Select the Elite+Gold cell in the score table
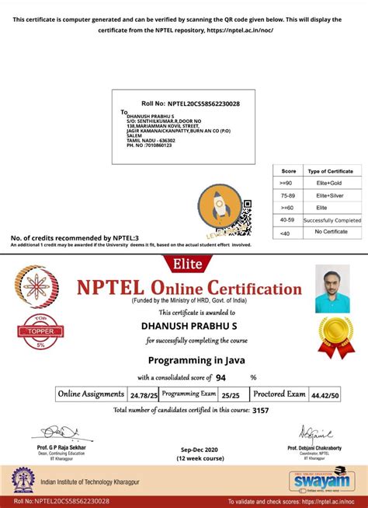pos(331,182)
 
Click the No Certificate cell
pos(331,233)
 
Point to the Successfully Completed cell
pos(332,220)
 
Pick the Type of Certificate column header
pos(331,170)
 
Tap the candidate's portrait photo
pos(332,289)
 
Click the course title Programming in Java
pos(183,360)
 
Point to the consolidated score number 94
pos(221,377)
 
